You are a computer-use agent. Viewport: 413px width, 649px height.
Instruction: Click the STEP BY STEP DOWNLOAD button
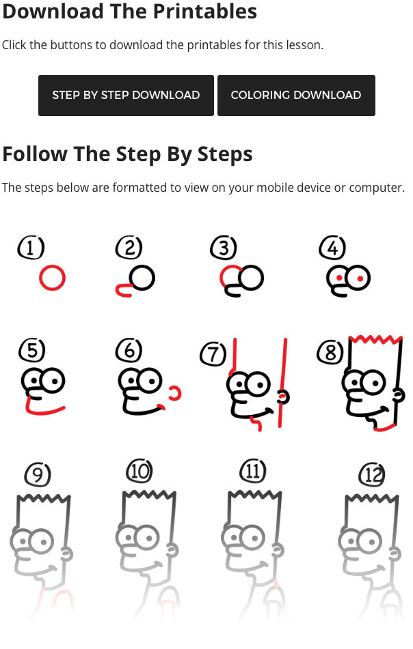click(x=126, y=95)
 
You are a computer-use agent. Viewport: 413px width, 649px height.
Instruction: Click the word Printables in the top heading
click(x=205, y=11)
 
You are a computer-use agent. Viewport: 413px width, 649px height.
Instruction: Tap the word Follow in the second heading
click(x=35, y=154)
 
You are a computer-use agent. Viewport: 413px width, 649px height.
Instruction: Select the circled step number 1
click(x=31, y=248)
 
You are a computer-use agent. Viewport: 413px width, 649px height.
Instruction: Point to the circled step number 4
click(x=332, y=248)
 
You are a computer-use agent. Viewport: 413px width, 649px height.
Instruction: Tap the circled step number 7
click(x=213, y=354)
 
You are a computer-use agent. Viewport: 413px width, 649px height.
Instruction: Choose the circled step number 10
click(x=139, y=471)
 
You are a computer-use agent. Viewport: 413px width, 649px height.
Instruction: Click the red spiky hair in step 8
click(x=375, y=340)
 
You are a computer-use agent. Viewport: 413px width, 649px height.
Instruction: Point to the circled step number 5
click(x=32, y=349)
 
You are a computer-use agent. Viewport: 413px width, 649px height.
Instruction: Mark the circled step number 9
click(x=38, y=474)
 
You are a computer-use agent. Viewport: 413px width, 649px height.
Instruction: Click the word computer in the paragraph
click(x=377, y=188)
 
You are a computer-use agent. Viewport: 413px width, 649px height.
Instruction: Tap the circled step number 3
click(x=224, y=248)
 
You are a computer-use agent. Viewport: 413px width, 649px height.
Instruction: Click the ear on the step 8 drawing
click(x=399, y=395)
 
